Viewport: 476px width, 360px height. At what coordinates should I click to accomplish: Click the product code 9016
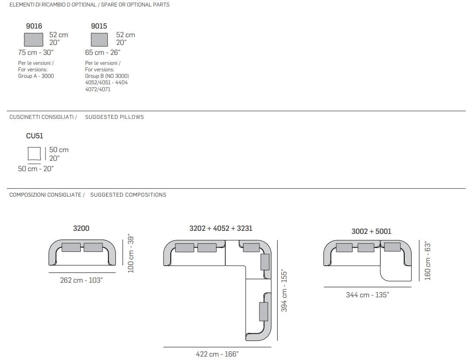point(34,26)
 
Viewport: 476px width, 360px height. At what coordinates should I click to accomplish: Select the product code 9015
point(99,26)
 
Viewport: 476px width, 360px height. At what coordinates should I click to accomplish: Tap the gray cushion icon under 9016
point(34,40)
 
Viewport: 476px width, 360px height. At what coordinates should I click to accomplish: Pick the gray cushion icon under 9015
point(99,40)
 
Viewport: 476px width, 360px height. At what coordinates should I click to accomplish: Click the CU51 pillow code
point(35,136)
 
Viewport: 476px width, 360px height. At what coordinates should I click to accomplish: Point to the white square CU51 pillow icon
point(34,153)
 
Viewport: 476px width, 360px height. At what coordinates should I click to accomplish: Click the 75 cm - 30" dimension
point(36,53)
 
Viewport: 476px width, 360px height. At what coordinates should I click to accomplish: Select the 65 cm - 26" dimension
point(102,53)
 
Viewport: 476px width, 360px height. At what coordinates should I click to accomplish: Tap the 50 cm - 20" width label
point(36,169)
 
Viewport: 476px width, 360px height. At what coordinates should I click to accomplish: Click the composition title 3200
point(81,228)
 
